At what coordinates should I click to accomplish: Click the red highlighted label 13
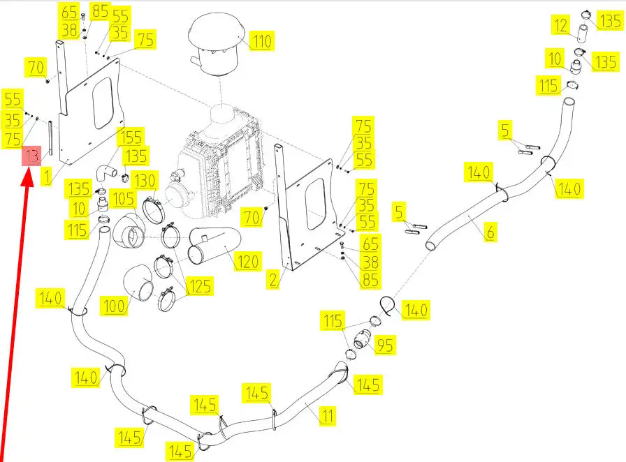click(31, 156)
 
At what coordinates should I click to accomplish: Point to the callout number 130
click(145, 180)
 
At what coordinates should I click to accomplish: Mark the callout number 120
click(247, 262)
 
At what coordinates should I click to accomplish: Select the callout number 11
click(326, 416)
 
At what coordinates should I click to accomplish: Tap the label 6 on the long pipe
click(490, 233)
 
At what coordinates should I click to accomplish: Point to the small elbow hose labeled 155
click(105, 169)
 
